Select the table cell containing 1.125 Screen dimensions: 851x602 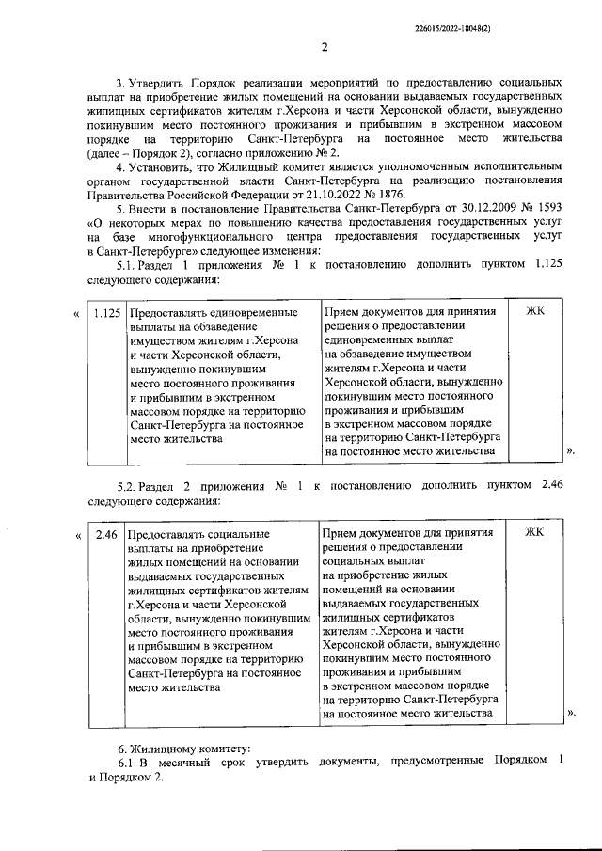coord(106,313)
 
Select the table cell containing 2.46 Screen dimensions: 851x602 coord(106,535)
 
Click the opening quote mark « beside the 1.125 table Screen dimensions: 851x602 coord(75,313)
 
